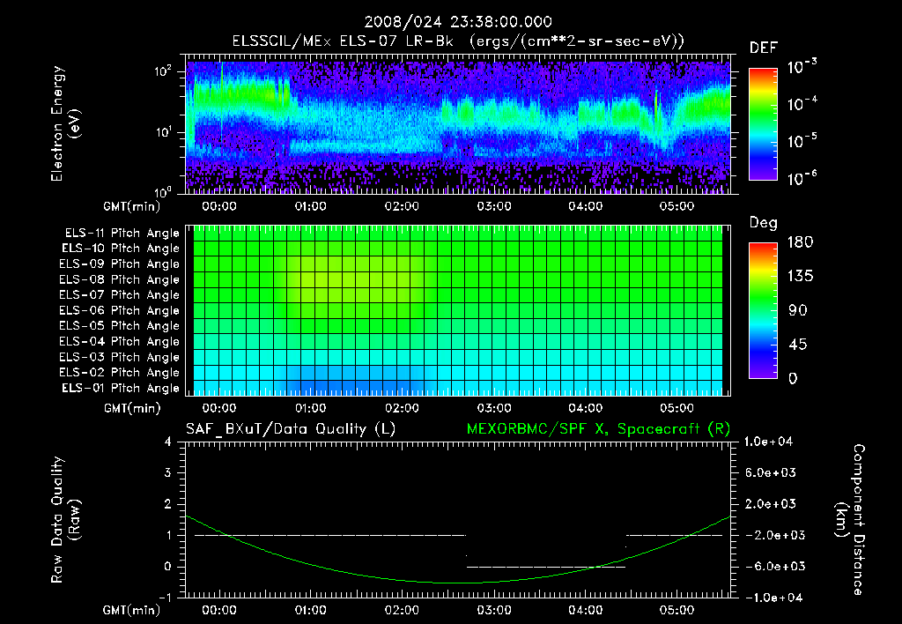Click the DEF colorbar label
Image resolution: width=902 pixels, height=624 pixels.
pyautogui.click(x=763, y=48)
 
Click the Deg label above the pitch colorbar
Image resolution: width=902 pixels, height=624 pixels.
pyautogui.click(x=763, y=223)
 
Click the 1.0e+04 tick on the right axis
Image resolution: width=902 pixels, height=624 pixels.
pyautogui.click(x=771, y=442)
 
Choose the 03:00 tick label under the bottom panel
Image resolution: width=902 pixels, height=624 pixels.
pyautogui.click(x=493, y=610)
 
